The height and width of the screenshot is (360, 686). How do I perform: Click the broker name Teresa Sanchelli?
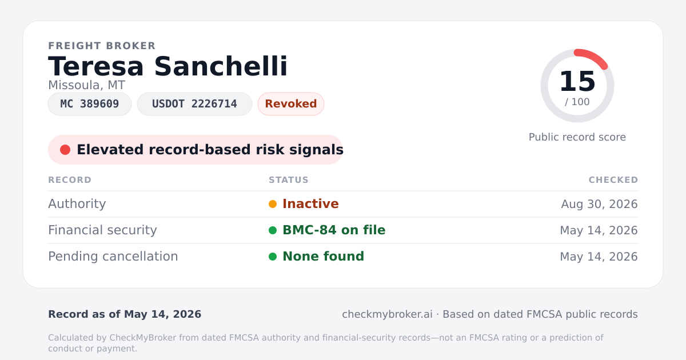[x=168, y=66]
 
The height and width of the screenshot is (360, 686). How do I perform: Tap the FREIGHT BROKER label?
[x=102, y=46]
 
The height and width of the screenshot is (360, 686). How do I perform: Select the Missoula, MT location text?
[x=87, y=85]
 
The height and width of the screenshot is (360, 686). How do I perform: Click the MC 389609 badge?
[x=90, y=104]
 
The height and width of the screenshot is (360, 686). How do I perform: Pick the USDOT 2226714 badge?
[x=194, y=104]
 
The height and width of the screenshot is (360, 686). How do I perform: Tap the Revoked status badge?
[x=291, y=104]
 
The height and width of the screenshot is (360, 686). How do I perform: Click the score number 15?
[x=577, y=81]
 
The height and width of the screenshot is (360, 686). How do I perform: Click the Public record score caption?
[x=577, y=137]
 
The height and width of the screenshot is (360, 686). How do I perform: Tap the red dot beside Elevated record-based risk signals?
[x=65, y=150]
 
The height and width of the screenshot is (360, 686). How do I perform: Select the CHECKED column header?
[x=613, y=179]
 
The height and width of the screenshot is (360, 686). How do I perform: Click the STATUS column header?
[x=289, y=179]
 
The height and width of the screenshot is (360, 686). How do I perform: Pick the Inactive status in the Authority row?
[x=310, y=204]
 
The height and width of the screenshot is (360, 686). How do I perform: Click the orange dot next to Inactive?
[x=273, y=204]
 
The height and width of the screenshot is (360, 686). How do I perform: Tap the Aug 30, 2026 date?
[x=599, y=204]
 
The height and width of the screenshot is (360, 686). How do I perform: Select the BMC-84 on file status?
[x=334, y=230]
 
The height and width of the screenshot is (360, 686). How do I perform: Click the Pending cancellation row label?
[x=113, y=257]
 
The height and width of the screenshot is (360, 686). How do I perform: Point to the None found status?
[x=323, y=257]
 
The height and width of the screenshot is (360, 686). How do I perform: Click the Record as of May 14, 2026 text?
[x=125, y=314]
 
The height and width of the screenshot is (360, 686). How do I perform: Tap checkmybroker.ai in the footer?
[x=387, y=314]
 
